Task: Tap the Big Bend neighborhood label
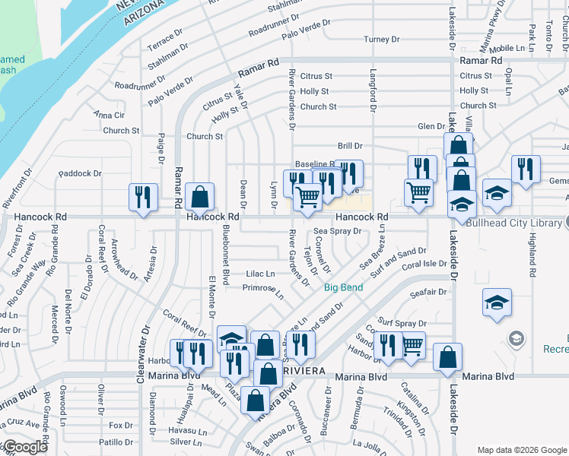pos(342,287)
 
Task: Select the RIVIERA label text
pos(304,369)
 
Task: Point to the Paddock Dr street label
pos(79,174)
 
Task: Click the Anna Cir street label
pos(109,115)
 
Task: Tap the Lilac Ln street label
pos(259,273)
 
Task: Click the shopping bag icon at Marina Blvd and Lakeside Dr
pos(448,356)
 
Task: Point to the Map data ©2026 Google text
pos(522,450)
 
